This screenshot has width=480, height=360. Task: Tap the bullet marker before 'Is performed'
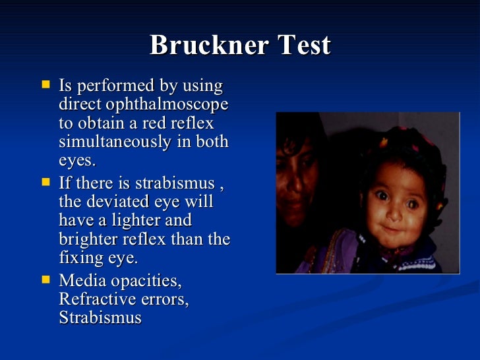tap(45, 85)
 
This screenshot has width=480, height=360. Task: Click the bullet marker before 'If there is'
tap(45, 180)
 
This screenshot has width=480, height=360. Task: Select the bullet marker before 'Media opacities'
tap(45, 279)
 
